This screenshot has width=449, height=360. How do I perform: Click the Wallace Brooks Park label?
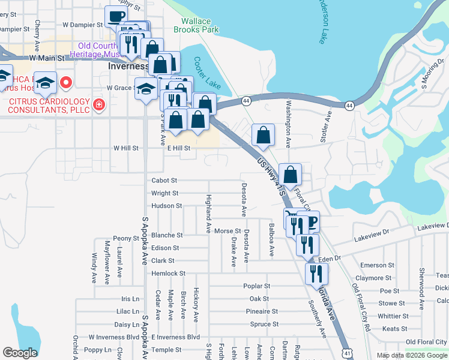pos(196,25)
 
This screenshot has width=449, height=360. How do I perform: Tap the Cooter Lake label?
pos(207,73)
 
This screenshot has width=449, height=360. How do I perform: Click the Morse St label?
pos(228,231)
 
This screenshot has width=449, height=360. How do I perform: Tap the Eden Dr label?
pos(330,258)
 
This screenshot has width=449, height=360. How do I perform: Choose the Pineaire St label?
pos(262,311)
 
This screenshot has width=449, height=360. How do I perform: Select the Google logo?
pos(20,353)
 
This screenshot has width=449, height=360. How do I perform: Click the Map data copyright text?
pos(411,355)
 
